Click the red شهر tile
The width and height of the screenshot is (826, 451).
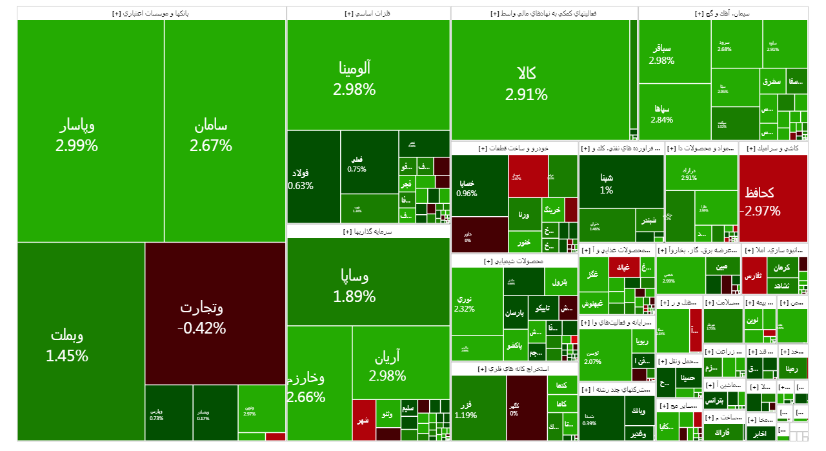(x=364, y=420)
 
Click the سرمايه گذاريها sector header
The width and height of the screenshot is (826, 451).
(x=368, y=231)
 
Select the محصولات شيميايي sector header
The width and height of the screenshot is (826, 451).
(x=514, y=261)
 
